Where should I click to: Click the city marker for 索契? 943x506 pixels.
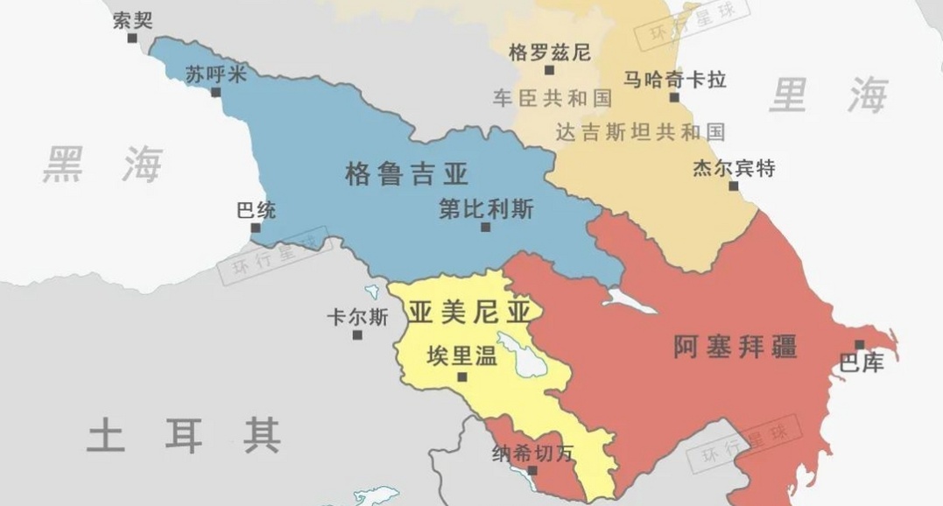click(x=133, y=39)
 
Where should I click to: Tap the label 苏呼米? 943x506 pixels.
click(x=215, y=75)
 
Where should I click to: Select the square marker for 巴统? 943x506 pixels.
click(x=256, y=228)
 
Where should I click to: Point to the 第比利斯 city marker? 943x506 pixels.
click(x=485, y=228)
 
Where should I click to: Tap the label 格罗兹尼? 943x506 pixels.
click(x=549, y=52)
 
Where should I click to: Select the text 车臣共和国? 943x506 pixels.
click(x=552, y=97)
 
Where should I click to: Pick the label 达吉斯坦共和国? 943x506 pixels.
click(x=640, y=132)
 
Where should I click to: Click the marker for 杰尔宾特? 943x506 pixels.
click(x=733, y=186)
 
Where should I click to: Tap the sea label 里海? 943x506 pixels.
click(x=827, y=95)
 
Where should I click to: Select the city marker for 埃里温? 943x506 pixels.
click(x=462, y=377)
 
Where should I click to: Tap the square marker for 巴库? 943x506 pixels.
click(x=860, y=344)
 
